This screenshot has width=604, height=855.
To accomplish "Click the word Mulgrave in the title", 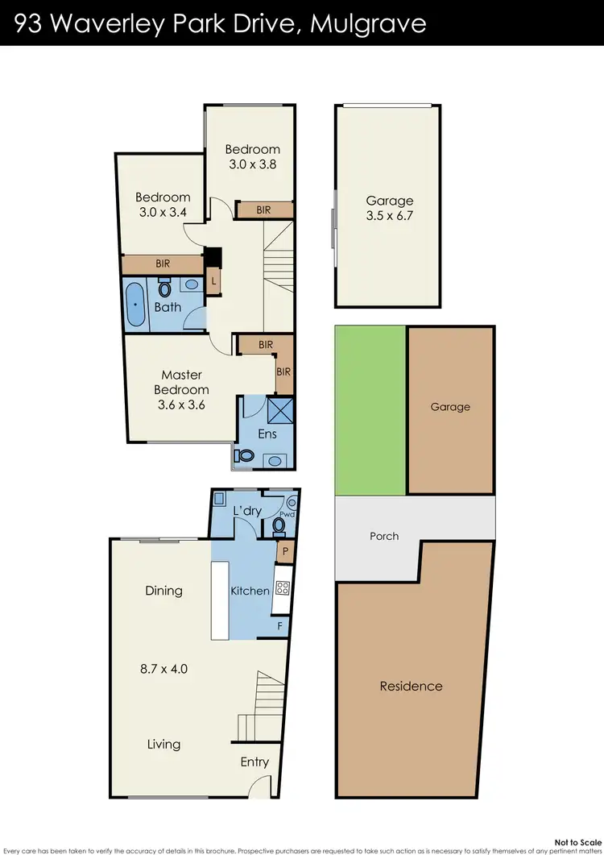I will click(370, 23).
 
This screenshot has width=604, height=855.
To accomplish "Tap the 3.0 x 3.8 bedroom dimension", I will click(252, 165).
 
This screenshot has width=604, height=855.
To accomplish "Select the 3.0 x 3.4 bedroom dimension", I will click(163, 213).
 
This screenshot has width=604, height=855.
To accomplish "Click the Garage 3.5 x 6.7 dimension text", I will click(390, 216).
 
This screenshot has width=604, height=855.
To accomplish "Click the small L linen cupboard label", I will click(213, 281).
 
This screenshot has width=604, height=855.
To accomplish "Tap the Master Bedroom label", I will click(181, 382).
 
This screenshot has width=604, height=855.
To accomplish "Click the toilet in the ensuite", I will click(244, 456).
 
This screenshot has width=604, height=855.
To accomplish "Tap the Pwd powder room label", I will click(287, 513).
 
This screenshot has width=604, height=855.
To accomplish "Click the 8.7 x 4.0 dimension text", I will click(163, 668).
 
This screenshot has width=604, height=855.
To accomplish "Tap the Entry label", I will click(254, 762).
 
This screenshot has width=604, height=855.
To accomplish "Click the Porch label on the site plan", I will click(384, 536).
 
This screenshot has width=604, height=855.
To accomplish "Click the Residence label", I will click(411, 687).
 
